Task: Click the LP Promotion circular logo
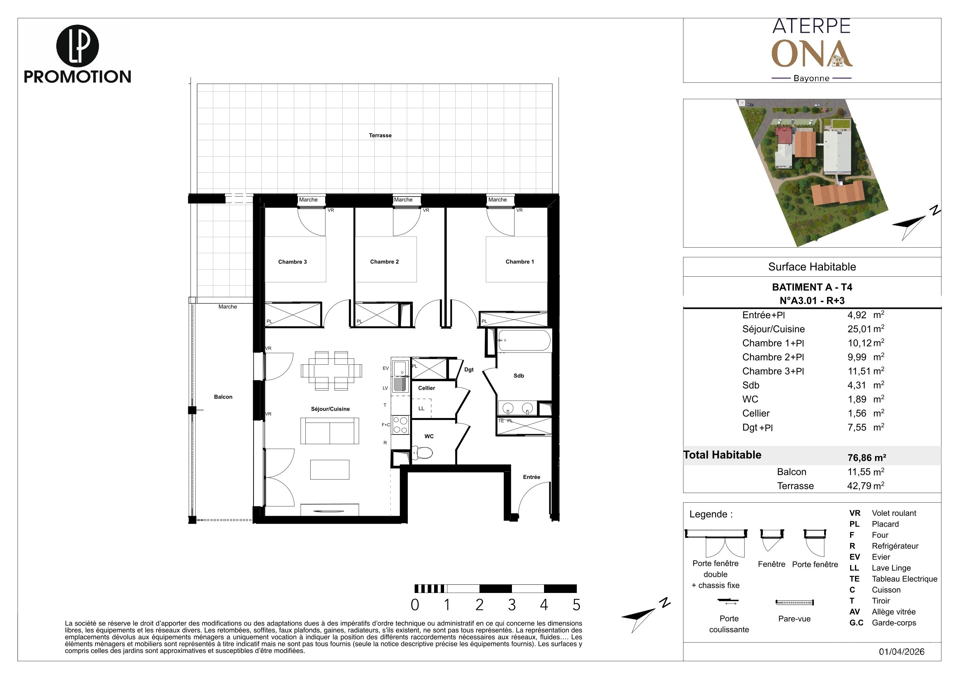(x=77, y=46)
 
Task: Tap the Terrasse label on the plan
(x=380, y=135)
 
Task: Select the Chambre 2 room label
(x=384, y=262)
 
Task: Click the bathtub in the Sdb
(x=524, y=340)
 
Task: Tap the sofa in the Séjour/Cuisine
(x=330, y=430)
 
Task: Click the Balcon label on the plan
(x=223, y=397)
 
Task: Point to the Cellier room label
(x=427, y=388)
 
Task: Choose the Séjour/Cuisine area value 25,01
(x=859, y=329)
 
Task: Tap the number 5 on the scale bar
(x=576, y=605)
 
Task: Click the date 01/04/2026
(x=902, y=652)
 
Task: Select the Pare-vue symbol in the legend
(x=795, y=602)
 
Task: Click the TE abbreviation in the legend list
(x=854, y=579)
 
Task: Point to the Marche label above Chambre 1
(x=497, y=200)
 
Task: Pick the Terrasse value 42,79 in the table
(x=859, y=486)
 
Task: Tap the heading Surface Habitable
(x=812, y=267)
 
